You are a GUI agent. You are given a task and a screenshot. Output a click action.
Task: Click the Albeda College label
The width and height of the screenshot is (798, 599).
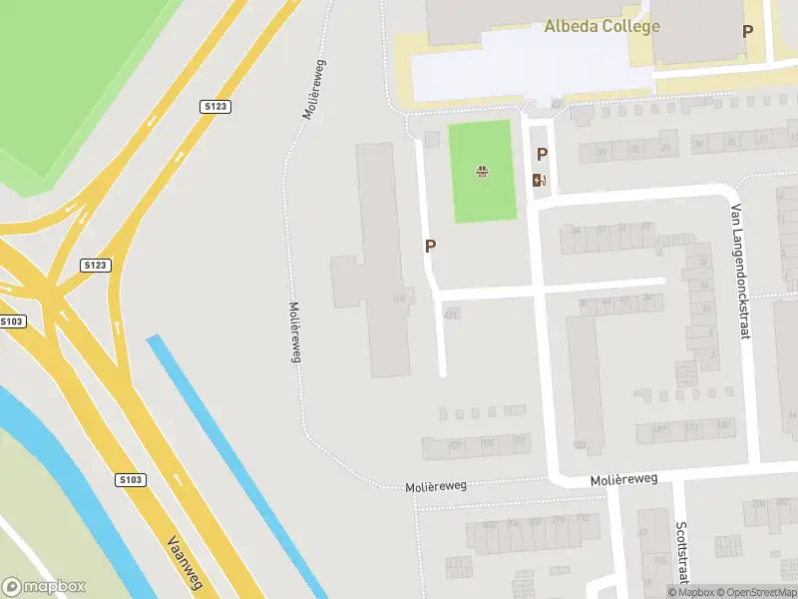click(601, 26)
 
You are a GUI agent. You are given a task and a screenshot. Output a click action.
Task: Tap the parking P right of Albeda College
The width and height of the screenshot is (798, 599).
click(747, 31)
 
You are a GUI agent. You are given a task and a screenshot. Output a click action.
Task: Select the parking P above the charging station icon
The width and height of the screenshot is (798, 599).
click(543, 154)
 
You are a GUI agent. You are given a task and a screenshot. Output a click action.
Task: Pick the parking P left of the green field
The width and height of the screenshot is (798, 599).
click(430, 246)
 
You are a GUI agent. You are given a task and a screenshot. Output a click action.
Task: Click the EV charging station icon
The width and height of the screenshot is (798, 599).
click(540, 180)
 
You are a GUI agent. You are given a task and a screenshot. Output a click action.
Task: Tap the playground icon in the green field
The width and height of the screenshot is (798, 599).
click(483, 172)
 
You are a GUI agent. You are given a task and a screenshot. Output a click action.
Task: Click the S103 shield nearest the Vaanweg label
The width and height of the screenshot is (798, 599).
click(131, 479)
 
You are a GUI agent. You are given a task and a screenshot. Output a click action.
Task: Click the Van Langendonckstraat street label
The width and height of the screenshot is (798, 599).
click(739, 272)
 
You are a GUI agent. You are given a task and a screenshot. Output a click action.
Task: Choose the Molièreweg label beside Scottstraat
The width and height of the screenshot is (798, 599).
click(624, 479)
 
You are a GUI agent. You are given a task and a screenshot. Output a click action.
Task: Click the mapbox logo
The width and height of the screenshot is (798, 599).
click(44, 587)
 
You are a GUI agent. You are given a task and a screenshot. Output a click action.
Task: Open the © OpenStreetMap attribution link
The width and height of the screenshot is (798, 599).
click(757, 592)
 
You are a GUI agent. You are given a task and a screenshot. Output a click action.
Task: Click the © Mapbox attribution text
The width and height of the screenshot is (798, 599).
click(691, 592)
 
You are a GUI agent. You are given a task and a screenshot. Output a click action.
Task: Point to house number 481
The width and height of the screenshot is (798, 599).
click(451, 313)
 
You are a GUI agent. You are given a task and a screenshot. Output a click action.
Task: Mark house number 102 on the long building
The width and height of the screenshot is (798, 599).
click(580, 445)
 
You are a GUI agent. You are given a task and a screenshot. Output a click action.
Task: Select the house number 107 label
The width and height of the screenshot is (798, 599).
click(399, 298)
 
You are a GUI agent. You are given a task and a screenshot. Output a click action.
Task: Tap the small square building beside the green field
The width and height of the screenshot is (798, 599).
click(432, 139)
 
